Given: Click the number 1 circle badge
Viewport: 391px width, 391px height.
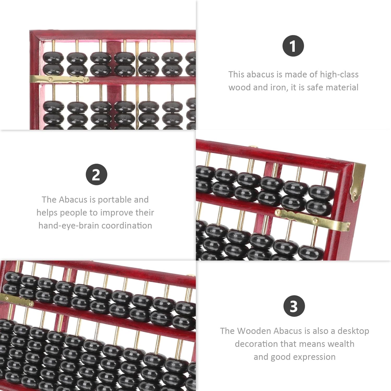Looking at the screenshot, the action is [293, 46].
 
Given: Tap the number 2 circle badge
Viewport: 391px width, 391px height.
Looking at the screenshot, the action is [97, 174].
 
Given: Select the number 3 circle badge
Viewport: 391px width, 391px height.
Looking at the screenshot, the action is [294, 306].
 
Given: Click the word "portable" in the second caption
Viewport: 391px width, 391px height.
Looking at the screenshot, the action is [115, 200].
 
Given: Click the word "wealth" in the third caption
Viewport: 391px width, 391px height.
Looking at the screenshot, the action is [341, 344].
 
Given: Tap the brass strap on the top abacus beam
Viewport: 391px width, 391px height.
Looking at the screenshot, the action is [59, 79].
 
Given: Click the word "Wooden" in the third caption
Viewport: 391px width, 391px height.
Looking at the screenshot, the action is [254, 331].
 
